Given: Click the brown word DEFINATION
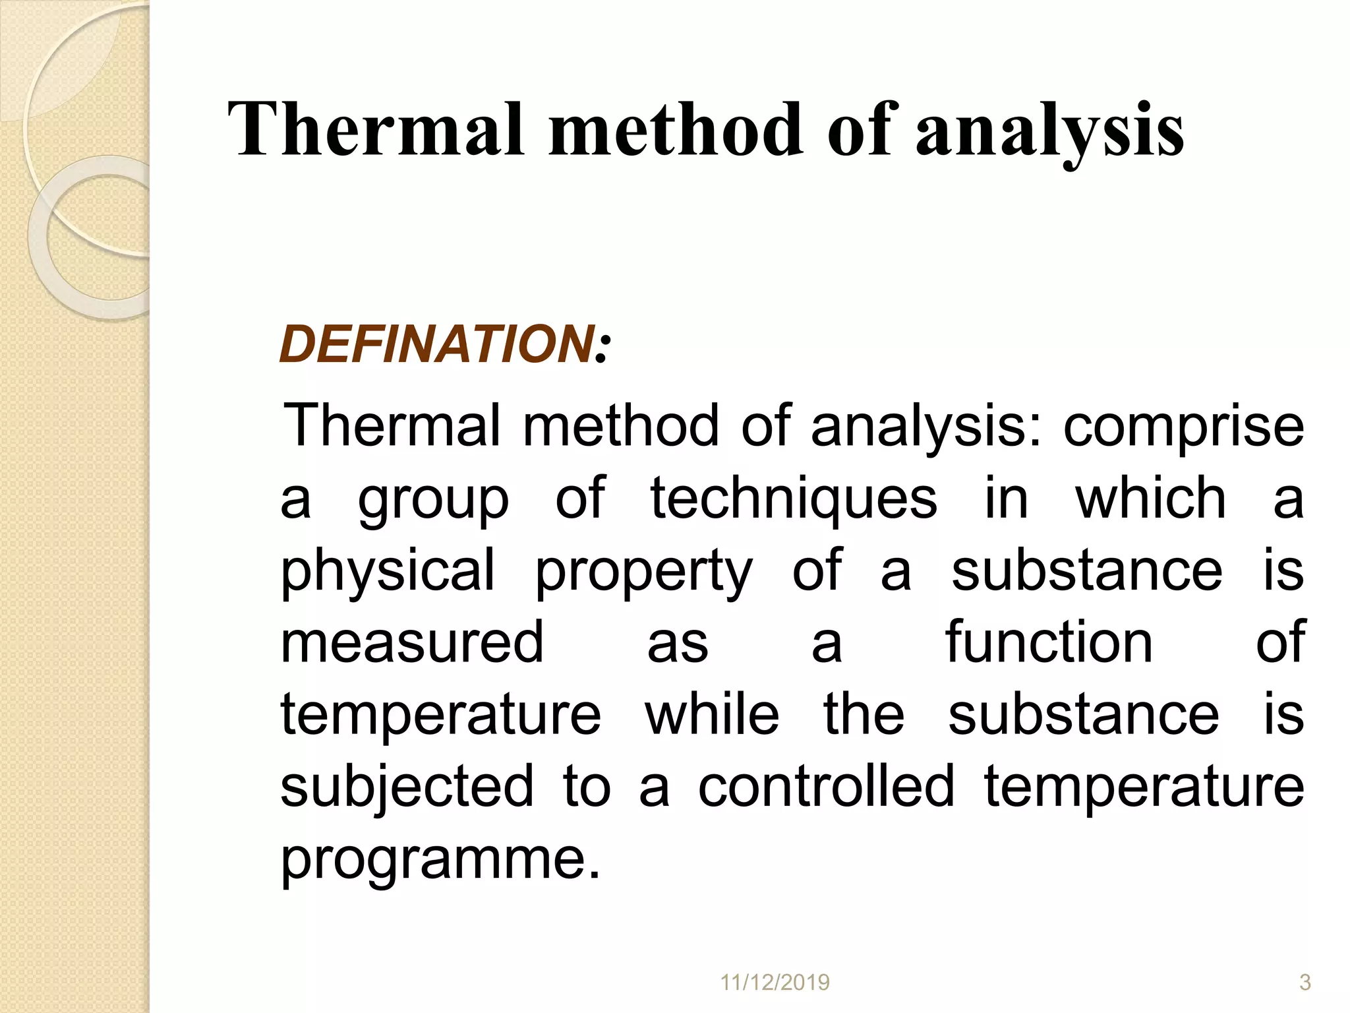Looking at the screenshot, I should pyautogui.click(x=436, y=344).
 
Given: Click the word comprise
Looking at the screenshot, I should pyautogui.click(x=1184, y=427).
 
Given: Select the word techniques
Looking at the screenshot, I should pyautogui.click(x=794, y=499).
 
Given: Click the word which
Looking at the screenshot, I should pyautogui.click(x=1150, y=499).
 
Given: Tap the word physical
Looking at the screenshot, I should pyautogui.click(x=388, y=572).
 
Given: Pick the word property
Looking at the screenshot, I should pyautogui.click(x=643, y=572).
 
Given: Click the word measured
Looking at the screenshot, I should pyautogui.click(x=412, y=643).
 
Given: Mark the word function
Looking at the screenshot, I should pyautogui.click(x=1049, y=643).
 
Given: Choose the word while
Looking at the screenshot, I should pyautogui.click(x=712, y=715).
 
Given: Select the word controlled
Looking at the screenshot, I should pyautogui.click(x=826, y=787).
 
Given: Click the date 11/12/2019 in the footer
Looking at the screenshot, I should pyautogui.click(x=775, y=983).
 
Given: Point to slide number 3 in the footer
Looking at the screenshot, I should pyautogui.click(x=1305, y=983).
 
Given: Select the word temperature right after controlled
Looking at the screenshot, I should pyautogui.click(x=1144, y=787).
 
